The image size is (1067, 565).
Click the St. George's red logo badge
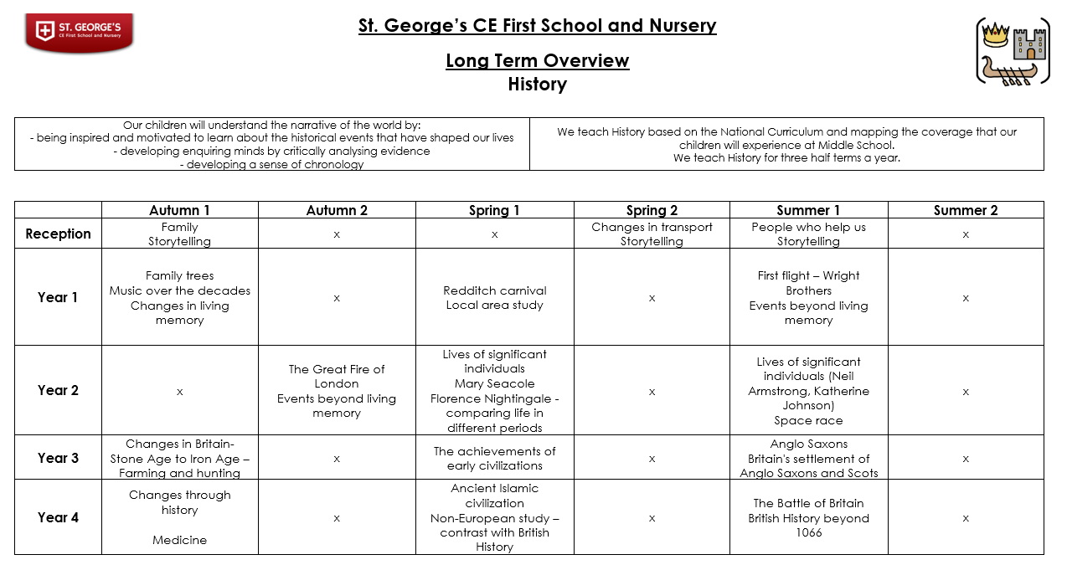79,32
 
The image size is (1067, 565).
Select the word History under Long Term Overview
537,85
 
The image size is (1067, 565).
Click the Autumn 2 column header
337,210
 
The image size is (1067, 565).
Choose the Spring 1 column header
494,210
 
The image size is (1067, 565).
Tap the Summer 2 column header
966,210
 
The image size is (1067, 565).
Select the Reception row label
58,234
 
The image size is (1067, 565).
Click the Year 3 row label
58,458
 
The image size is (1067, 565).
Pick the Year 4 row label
58,517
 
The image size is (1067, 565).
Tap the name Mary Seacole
494,383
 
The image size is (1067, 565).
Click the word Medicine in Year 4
179,540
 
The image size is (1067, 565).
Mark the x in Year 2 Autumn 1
179,391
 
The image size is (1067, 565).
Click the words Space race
808,420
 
